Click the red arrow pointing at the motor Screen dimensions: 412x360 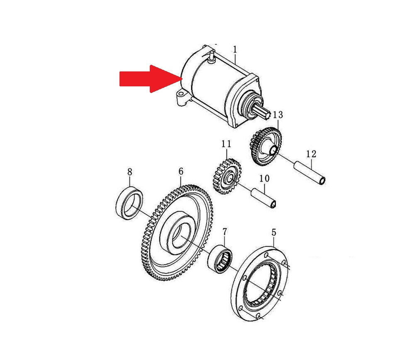click(150, 78)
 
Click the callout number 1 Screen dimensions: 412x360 click(235, 49)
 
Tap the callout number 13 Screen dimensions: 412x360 click(278, 115)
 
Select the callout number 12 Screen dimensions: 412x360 click(311, 154)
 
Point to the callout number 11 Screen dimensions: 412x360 click(226, 144)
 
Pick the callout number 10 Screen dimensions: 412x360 click(265, 178)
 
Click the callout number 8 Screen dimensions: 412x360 click(130, 172)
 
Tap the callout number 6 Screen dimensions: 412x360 click(181, 171)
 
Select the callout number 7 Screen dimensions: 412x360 click(224, 232)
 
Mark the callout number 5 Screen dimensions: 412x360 click(274, 233)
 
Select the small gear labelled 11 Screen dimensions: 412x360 click(227, 176)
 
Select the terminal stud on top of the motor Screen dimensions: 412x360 click(212, 58)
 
